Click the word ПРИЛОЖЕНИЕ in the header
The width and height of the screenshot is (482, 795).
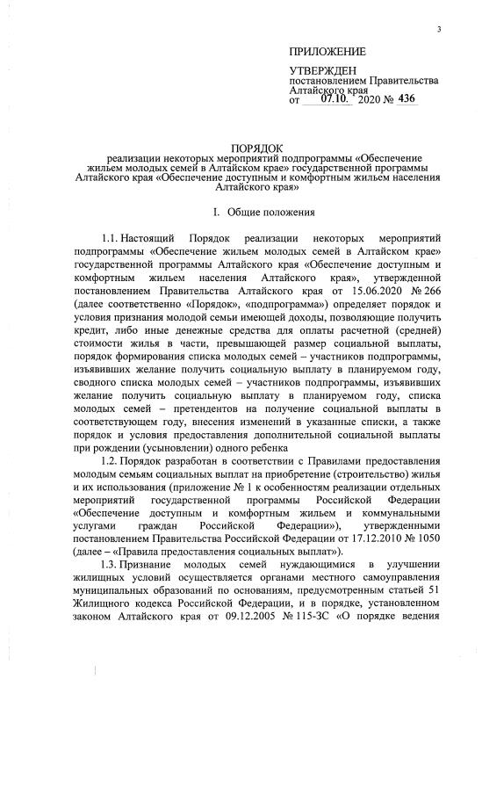tap(327, 52)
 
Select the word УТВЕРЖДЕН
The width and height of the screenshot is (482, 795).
tap(324, 69)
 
